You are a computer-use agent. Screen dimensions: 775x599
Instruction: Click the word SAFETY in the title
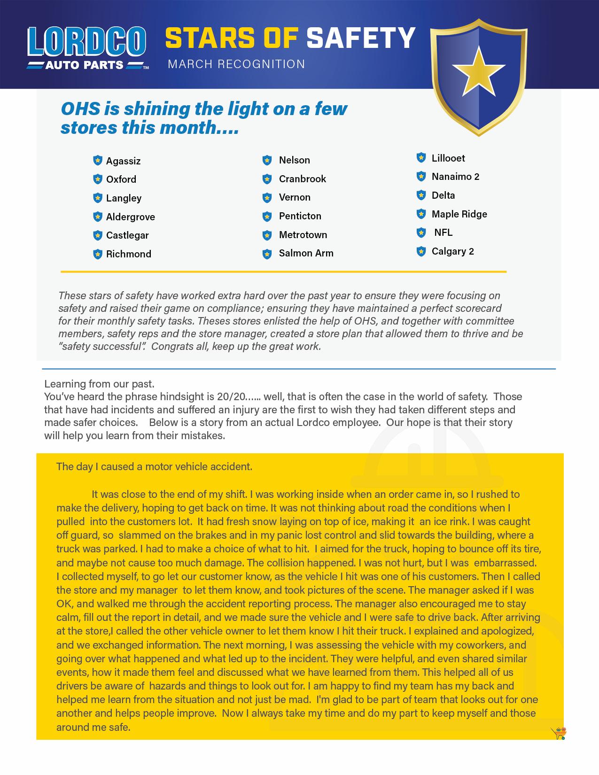pyautogui.click(x=361, y=38)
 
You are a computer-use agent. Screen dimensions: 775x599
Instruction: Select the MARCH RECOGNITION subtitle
pyautogui.click(x=236, y=64)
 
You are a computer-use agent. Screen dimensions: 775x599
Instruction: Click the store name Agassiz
pyautogui.click(x=123, y=161)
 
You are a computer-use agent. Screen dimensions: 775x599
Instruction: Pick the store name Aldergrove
pyautogui.click(x=130, y=217)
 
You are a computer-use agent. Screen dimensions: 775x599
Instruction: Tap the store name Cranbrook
pyautogui.click(x=302, y=179)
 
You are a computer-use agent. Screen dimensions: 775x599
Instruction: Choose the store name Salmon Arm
pyautogui.click(x=306, y=253)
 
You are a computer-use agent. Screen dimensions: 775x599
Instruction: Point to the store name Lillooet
pyautogui.click(x=448, y=158)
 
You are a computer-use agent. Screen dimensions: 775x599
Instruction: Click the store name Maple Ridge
pyautogui.click(x=459, y=214)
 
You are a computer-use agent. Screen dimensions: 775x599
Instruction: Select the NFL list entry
pyautogui.click(x=443, y=232)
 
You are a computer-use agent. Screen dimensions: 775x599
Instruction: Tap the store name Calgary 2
pyautogui.click(x=452, y=251)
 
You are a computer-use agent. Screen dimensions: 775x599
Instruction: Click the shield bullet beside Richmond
pyautogui.click(x=98, y=254)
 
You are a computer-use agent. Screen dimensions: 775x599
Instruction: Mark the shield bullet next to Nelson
pyautogui.click(x=267, y=160)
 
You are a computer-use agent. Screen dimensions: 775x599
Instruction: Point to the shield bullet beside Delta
pyautogui.click(x=421, y=195)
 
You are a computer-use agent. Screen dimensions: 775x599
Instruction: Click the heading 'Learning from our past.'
pyautogui.click(x=99, y=384)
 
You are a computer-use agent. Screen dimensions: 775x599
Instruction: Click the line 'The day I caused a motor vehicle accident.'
pyautogui.click(x=154, y=466)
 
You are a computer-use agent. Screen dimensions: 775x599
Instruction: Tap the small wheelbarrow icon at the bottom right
pyautogui.click(x=559, y=733)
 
